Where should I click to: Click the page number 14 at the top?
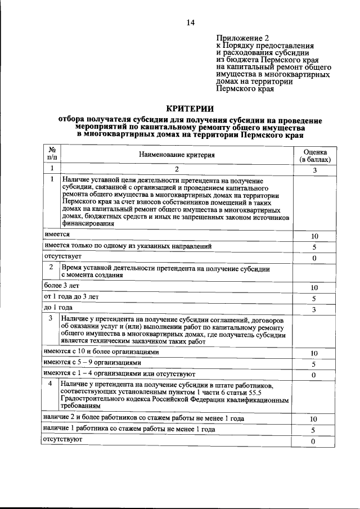tap(190, 22)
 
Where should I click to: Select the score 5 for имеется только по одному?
tap(314, 247)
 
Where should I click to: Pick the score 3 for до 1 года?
tap(314, 309)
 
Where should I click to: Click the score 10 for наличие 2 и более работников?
tap(314, 419)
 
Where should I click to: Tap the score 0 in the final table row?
tap(314, 442)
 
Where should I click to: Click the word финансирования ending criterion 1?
tap(88, 223)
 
